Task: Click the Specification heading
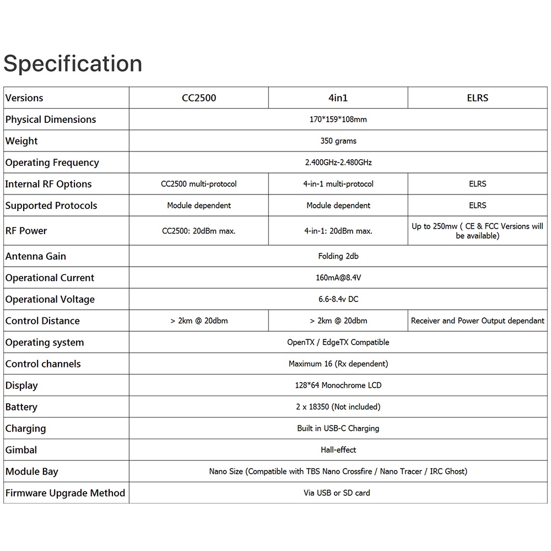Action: pyautogui.click(x=73, y=64)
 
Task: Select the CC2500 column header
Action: pyautogui.click(x=199, y=98)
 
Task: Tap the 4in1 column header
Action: pyautogui.click(x=338, y=98)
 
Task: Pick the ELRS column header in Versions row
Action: pyautogui.click(x=477, y=98)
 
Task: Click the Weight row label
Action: pyautogui.click(x=21, y=141)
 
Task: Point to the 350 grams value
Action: pyautogui.click(x=338, y=141)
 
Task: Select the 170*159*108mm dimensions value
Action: pyautogui.click(x=338, y=120)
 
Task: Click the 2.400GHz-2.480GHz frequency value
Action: pyautogui.click(x=338, y=163)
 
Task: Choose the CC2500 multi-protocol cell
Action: pyautogui.click(x=199, y=184)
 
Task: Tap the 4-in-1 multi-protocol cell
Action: pyautogui.click(x=338, y=184)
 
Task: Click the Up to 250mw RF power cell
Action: pyautogui.click(x=477, y=231)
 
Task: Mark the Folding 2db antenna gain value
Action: pyautogui.click(x=338, y=256)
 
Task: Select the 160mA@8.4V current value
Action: pyautogui.click(x=338, y=278)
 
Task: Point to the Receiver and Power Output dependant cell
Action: pyautogui.click(x=477, y=321)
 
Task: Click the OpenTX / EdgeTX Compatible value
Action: pyautogui.click(x=338, y=342)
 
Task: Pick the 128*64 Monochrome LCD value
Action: pyautogui.click(x=338, y=385)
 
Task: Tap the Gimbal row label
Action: pyautogui.click(x=21, y=450)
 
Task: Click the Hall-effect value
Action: pyautogui.click(x=338, y=450)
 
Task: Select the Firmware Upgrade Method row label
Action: pyautogui.click(x=65, y=493)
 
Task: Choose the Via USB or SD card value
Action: pyautogui.click(x=337, y=493)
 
